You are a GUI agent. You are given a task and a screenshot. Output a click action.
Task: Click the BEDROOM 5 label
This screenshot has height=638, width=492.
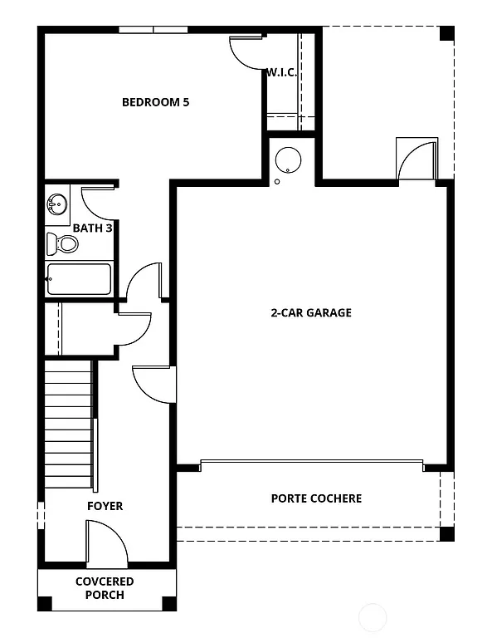pyautogui.click(x=156, y=103)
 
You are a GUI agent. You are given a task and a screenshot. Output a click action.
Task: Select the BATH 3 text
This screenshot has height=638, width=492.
pyautogui.click(x=92, y=228)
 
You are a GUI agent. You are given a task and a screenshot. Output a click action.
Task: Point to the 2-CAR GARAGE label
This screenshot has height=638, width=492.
pyautogui.click(x=311, y=313)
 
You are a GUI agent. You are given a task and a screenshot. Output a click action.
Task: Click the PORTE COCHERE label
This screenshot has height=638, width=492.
pyautogui.click(x=316, y=498)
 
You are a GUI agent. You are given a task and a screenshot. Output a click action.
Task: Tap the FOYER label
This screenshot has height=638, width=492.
pyautogui.click(x=105, y=506)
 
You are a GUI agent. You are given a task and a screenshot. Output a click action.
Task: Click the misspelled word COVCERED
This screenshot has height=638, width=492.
pyautogui.click(x=105, y=582)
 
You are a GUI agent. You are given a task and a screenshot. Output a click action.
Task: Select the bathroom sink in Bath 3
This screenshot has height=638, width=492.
pyautogui.click(x=57, y=204)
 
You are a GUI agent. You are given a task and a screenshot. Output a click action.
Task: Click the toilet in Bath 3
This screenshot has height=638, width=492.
pyautogui.click(x=62, y=243)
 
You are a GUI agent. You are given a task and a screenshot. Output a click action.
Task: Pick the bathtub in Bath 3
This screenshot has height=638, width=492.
pyautogui.click(x=79, y=279)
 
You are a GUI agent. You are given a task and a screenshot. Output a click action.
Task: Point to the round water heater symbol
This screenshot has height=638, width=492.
pyautogui.click(x=287, y=159)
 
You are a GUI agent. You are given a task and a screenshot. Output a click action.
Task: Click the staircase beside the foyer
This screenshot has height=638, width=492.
pyautogui.click(x=68, y=424)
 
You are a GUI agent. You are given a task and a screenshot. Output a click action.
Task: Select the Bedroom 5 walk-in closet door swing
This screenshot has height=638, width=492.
pyautogui.click(x=246, y=52)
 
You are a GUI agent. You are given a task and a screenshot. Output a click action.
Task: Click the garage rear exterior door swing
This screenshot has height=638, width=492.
pyautogui.click(x=416, y=159)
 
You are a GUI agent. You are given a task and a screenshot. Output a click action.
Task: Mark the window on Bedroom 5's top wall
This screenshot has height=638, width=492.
pyautogui.click(x=153, y=30)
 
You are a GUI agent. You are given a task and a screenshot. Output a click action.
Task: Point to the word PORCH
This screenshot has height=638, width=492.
pyautogui.click(x=105, y=595)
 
